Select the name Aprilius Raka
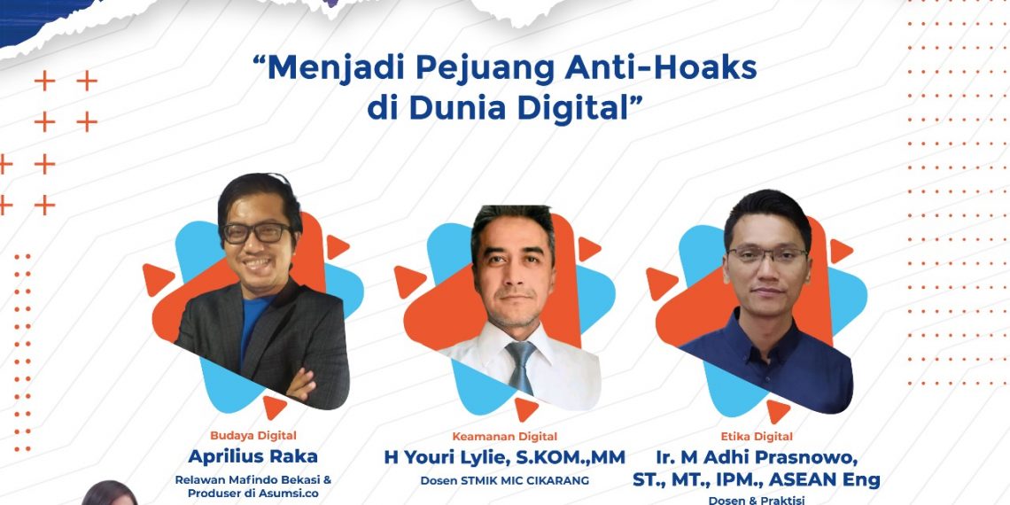pyautogui.click(x=252, y=456)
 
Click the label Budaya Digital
pyautogui.click(x=252, y=435)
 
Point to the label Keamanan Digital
pyautogui.click(x=505, y=436)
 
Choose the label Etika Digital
pyautogui.click(x=756, y=436)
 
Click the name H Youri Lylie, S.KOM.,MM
pyautogui.click(x=504, y=458)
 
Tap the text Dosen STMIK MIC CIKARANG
pyautogui.click(x=504, y=481)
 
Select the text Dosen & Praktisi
pyautogui.click(x=756, y=500)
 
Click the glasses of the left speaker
pyautogui.click(x=256, y=233)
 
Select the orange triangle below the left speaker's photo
pyautogui.click(x=275, y=407)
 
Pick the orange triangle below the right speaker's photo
pyautogui.click(x=778, y=410)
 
